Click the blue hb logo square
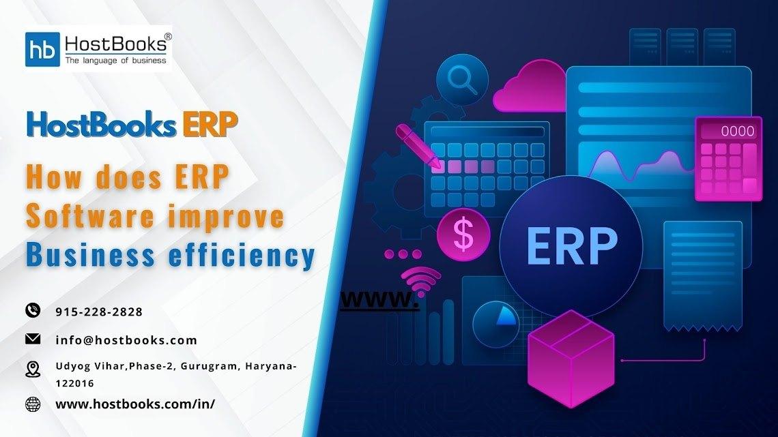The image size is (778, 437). click(43, 49)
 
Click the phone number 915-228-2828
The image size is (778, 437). click(99, 312)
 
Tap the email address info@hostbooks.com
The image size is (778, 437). click(126, 340)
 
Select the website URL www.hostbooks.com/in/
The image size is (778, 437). click(135, 404)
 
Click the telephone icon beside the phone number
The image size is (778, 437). click(33, 310)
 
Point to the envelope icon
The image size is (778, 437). click(33, 338)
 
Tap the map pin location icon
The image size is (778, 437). click(33, 369)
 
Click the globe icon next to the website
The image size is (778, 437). click(33, 404)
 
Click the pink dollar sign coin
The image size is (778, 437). click(463, 235)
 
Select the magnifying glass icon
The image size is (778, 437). click(462, 79)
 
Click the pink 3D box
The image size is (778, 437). click(571, 359)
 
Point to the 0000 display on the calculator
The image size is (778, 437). click(738, 132)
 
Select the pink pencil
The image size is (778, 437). click(418, 146)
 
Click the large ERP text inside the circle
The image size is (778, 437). click(572, 246)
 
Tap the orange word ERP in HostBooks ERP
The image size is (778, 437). click(210, 124)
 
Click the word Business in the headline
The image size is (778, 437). click(91, 254)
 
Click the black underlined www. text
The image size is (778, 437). click(379, 300)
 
